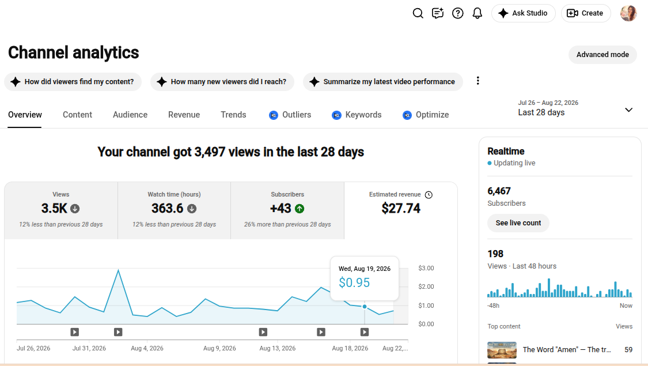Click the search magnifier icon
[418, 13]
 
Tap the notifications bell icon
[478, 13]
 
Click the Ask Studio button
[523, 13]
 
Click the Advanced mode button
[602, 55]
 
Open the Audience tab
[130, 115]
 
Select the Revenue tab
[184, 115]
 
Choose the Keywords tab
[357, 115]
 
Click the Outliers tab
[290, 115]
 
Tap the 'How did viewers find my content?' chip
[73, 82]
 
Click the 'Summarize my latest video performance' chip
[382, 82]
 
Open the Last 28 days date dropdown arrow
[628, 110]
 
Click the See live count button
[518, 223]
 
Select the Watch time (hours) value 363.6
[168, 209]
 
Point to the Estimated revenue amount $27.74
[401, 209]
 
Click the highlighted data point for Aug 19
[365, 307]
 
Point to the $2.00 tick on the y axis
[426, 286]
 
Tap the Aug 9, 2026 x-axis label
[219, 348]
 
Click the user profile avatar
[628, 13]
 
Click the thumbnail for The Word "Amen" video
[502, 350]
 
